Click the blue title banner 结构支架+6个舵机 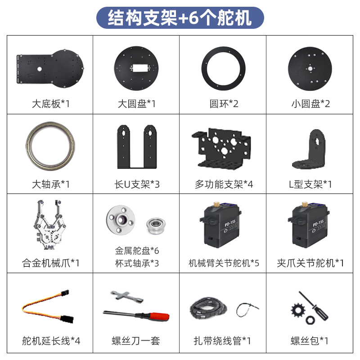click(180, 18)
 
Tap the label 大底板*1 click(50, 104)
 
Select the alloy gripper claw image click(50, 227)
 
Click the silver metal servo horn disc click(121, 220)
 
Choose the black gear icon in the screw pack click(298, 310)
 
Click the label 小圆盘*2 click(310, 104)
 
